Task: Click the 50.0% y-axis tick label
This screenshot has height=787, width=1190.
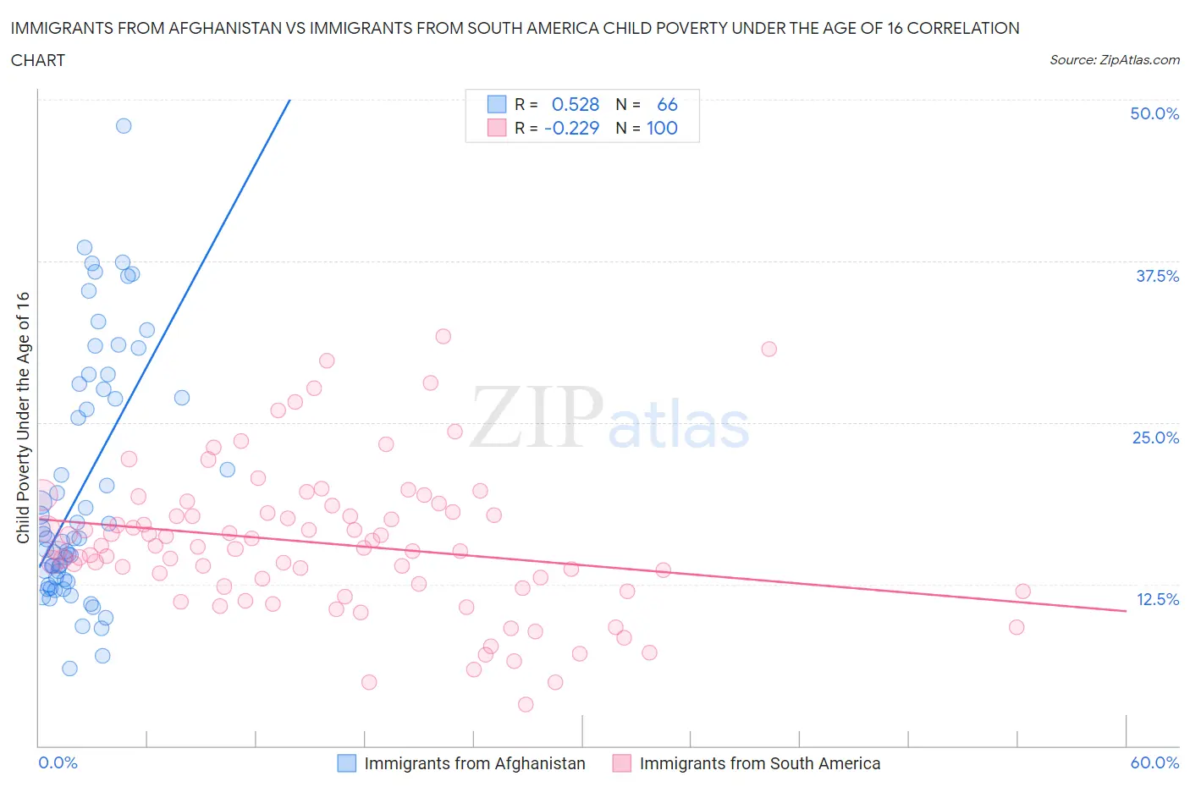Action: [1154, 113]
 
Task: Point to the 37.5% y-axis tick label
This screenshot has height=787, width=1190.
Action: [1156, 276]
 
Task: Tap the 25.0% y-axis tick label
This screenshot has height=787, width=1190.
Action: [1155, 438]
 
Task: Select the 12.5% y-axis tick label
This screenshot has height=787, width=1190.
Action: [1157, 599]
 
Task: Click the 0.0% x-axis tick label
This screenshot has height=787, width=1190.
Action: [58, 762]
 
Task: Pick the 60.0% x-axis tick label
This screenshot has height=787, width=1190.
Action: [1154, 762]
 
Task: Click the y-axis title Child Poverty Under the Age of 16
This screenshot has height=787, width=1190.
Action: [23, 417]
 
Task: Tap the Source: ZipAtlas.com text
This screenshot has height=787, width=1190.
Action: [1114, 60]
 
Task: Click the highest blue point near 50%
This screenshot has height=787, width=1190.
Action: [124, 126]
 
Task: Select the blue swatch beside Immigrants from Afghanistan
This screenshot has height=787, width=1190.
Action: [347, 763]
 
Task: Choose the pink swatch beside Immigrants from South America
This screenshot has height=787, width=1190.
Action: [622, 763]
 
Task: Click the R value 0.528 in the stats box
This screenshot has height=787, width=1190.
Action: [575, 105]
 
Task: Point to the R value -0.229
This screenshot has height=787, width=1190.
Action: [571, 129]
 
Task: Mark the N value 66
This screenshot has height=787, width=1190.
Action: [667, 105]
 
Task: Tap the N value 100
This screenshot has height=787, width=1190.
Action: [662, 129]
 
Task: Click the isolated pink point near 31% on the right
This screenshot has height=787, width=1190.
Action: [769, 349]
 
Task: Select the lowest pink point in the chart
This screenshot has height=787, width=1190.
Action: [526, 704]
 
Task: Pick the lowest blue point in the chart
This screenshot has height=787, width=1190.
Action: [69, 669]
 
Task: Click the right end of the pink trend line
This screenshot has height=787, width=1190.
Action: [1126, 610]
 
